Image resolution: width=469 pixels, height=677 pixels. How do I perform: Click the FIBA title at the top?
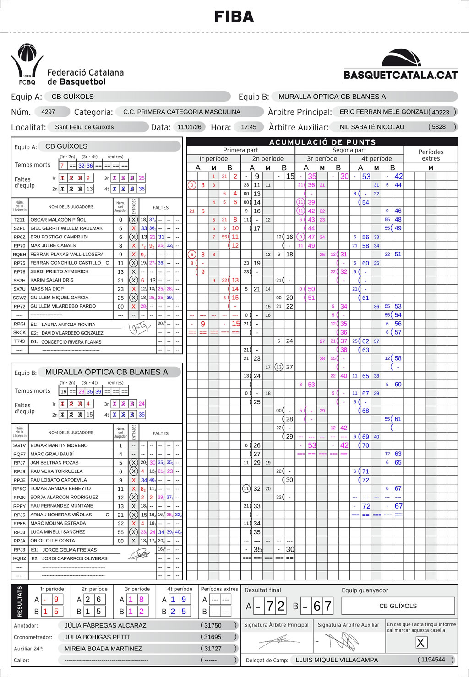(234, 17)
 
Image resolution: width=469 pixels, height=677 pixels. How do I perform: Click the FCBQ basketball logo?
(27, 64)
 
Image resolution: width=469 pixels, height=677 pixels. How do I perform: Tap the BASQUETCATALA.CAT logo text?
(400, 75)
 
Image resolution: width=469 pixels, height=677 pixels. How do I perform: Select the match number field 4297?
(48, 112)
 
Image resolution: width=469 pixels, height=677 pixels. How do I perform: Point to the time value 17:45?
(249, 127)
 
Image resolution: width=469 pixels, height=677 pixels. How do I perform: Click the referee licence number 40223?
(440, 112)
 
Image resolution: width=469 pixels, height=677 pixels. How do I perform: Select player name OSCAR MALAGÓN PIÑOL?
(58, 220)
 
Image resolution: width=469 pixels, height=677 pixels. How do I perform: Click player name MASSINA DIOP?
(47, 289)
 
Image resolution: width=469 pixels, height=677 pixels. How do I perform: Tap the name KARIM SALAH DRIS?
(52, 280)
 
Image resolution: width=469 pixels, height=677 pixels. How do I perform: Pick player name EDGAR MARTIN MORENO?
(59, 445)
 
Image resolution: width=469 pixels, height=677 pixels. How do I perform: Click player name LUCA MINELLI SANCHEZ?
(58, 532)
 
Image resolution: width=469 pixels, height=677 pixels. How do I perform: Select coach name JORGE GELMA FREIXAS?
(70, 550)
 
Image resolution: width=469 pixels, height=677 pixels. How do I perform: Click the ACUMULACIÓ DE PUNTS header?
(322, 142)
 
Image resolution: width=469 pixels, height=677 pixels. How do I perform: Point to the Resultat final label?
(263, 590)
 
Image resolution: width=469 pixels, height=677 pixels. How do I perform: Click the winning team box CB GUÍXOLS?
(398, 606)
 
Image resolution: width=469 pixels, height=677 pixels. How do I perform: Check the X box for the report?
(420, 643)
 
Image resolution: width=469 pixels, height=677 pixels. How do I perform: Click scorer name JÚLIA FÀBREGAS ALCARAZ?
(105, 625)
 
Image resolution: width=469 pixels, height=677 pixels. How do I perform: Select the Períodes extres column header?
(431, 155)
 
